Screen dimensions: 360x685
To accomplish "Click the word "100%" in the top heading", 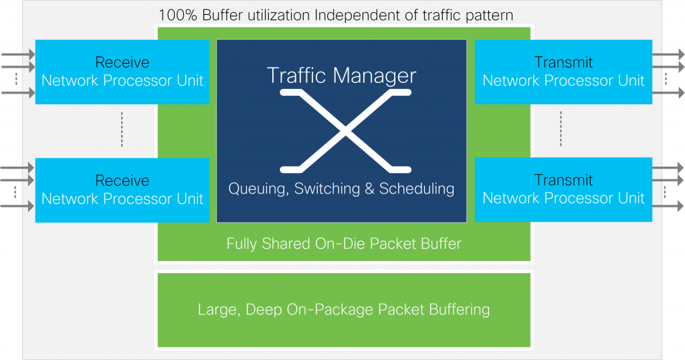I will [x=178, y=15].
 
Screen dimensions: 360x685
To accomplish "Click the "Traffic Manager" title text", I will [x=341, y=75].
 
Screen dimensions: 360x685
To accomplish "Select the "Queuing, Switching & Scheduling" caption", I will [x=341, y=189].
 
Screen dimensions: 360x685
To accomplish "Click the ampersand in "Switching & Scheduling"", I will [x=370, y=189].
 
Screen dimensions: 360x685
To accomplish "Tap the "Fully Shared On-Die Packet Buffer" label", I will [x=344, y=244].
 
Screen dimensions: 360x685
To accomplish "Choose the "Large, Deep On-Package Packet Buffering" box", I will [x=344, y=310].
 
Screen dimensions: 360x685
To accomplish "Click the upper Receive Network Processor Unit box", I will [x=122, y=72].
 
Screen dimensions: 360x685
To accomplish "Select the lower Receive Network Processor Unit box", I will [x=122, y=190].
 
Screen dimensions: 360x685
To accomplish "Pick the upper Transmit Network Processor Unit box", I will [x=563, y=72].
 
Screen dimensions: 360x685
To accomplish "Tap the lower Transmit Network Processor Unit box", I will [x=563, y=189].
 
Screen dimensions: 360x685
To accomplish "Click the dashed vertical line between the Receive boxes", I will [x=122, y=130].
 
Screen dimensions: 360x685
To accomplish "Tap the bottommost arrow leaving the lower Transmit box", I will [x=668, y=208].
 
